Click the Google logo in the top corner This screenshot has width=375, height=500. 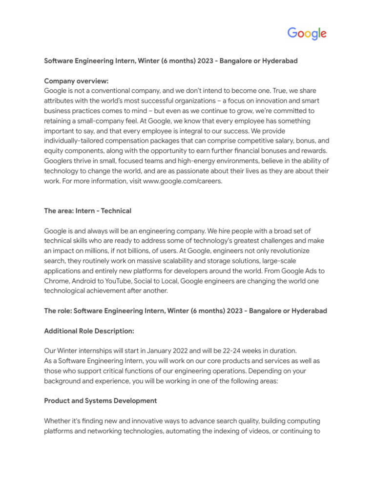click(307, 34)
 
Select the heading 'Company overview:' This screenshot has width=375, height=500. click(76, 81)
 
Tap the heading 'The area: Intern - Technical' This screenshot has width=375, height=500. click(88, 211)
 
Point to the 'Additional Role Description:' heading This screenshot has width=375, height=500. click(89, 331)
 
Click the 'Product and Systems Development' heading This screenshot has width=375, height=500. click(101, 400)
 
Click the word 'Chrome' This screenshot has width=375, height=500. click(56, 281)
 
